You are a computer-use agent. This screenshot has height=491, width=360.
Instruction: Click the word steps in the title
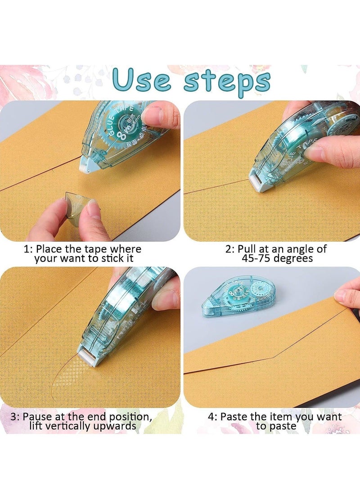pyautogui.click(x=227, y=81)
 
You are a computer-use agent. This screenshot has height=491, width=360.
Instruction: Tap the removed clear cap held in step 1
pyautogui.click(x=76, y=202)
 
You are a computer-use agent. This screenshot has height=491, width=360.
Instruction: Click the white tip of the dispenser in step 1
pyautogui.click(x=85, y=166)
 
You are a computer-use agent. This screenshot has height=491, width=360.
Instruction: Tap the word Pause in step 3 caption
pyautogui.click(x=39, y=417)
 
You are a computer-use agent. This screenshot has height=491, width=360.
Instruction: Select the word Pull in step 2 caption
pyautogui.click(x=247, y=249)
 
